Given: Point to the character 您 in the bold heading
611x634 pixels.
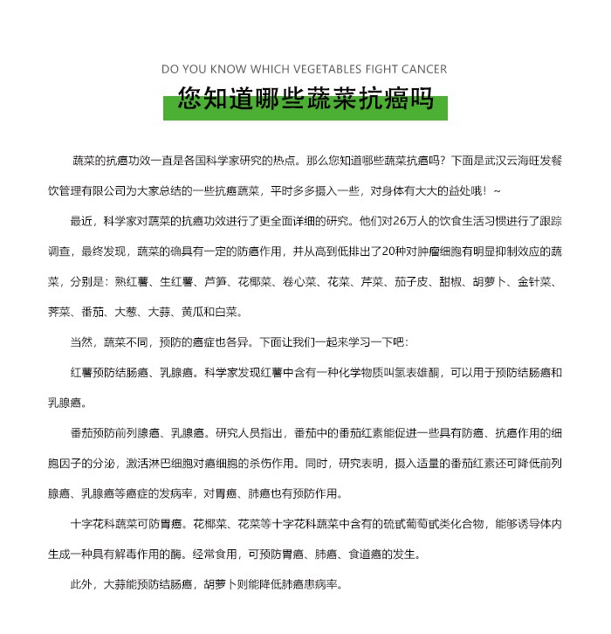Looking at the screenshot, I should pyautogui.click(x=189, y=98).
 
